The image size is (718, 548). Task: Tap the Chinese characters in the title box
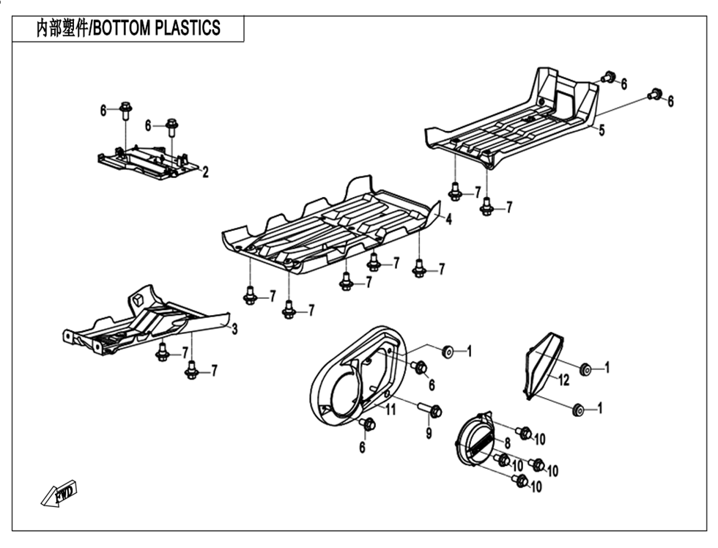62,29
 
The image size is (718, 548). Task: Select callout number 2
205,173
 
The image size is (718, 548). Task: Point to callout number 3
234,330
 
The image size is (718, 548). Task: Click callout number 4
448,218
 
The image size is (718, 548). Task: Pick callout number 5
602,131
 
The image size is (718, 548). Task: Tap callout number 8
506,443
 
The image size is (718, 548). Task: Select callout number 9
429,434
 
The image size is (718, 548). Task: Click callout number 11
391,410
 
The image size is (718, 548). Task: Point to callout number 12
563,379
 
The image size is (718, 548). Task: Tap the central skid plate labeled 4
330,227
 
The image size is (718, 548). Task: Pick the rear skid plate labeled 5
513,121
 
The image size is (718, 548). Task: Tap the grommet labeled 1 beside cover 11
448,352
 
